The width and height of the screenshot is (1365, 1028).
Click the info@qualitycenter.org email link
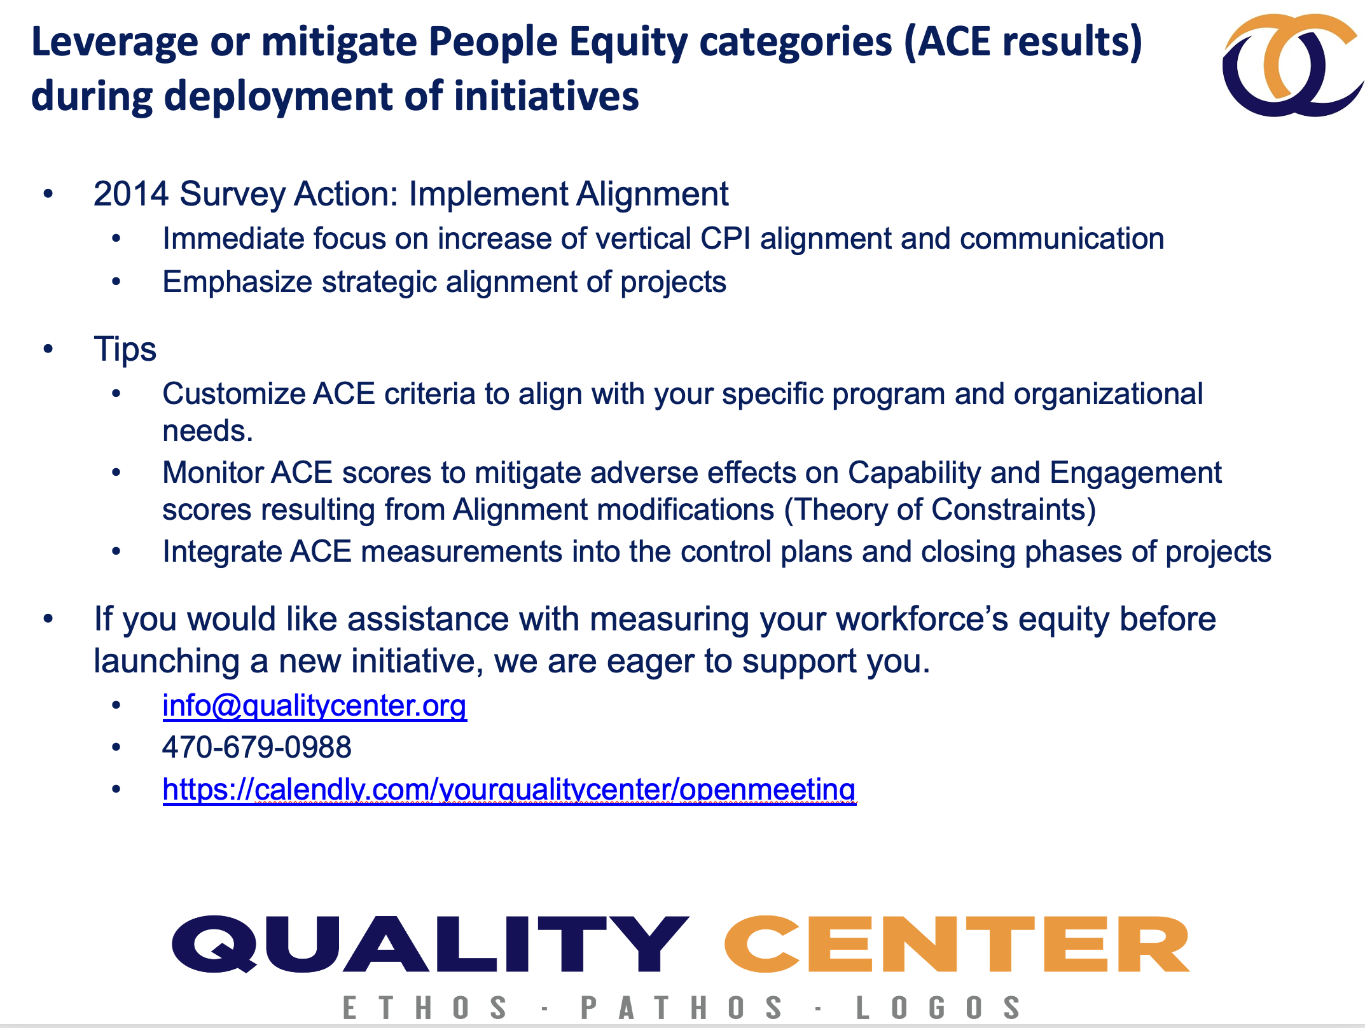pos(314,705)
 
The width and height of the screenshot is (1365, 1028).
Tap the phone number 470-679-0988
pos(256,747)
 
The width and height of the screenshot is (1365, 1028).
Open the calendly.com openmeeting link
pos(509,789)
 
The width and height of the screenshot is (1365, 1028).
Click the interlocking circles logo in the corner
pos(1291,66)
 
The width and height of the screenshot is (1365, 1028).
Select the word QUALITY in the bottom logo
pos(430,944)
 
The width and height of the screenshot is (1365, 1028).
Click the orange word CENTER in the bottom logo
pos(957,944)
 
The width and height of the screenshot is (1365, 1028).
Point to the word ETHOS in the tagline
pos(425,1008)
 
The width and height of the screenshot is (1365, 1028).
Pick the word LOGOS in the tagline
pos(938,1008)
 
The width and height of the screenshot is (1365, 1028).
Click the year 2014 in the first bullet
pos(131,194)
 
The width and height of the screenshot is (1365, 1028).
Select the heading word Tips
pos(125,349)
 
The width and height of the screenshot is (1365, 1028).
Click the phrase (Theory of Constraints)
pos(940,510)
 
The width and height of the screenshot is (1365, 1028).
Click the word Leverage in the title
pos(114,42)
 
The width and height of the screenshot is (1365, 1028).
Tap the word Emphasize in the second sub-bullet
pos(237,282)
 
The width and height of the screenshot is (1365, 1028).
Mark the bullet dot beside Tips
pos(48,349)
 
